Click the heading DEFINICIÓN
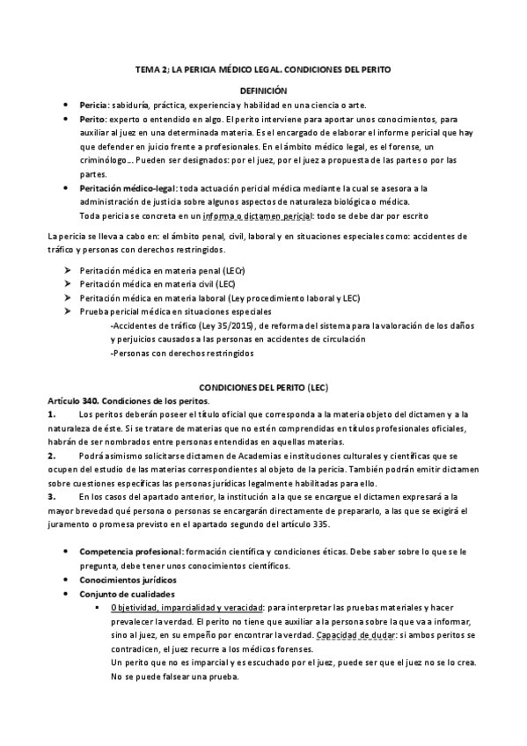264,91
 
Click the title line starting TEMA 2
263,68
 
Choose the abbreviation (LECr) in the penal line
235,272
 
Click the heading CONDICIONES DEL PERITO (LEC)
263,388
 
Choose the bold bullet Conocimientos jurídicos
128,580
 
